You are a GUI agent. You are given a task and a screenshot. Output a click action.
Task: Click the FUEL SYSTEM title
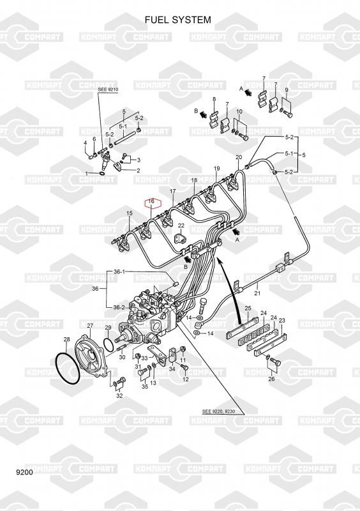178,20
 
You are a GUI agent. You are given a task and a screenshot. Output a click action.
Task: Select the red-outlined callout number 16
151,201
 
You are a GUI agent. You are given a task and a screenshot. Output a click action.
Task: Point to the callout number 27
90,325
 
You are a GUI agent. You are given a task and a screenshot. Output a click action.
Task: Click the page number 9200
24,472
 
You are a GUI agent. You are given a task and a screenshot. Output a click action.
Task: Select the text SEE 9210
108,89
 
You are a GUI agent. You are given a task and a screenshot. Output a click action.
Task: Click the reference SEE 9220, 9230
223,411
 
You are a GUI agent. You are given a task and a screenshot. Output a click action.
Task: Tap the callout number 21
257,293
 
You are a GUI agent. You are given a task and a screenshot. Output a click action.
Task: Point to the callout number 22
181,225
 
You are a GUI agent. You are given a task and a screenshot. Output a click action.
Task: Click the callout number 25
248,308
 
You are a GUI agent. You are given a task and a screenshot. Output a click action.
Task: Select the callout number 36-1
119,271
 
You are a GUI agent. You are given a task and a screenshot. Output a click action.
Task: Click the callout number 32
119,395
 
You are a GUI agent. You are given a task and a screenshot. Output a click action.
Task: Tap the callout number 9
287,90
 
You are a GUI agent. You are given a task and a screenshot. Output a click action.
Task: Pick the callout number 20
239,157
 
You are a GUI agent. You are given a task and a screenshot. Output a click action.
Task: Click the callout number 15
130,213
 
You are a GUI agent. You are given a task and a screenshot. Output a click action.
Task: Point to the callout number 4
86,142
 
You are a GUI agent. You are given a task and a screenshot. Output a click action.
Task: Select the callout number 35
145,386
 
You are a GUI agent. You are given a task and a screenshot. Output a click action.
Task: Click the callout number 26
271,379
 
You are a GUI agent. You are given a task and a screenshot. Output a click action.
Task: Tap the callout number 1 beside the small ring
87,173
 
